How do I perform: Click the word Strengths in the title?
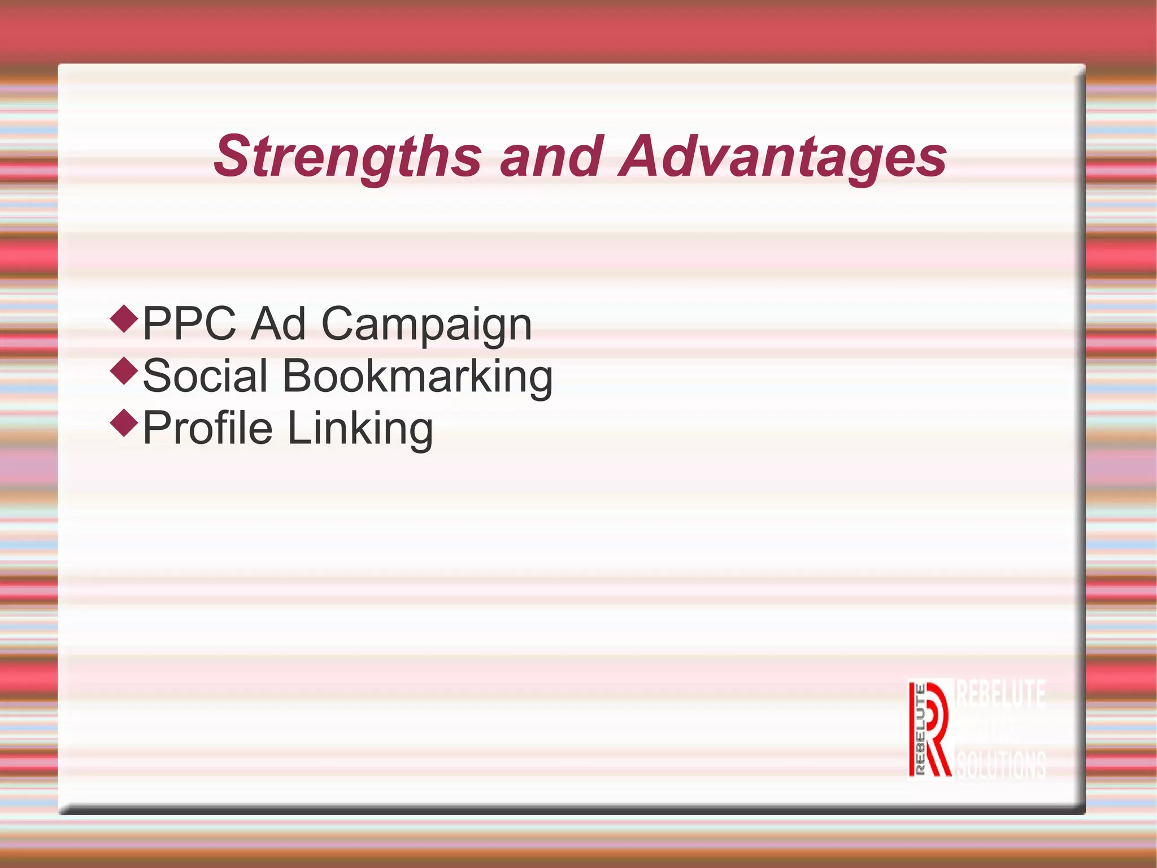(x=347, y=157)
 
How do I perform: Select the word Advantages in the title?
(x=782, y=157)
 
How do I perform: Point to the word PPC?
(x=189, y=323)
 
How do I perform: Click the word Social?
(x=205, y=375)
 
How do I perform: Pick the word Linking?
(x=360, y=429)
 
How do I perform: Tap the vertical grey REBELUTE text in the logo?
(x=919, y=729)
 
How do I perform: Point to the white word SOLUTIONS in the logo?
(x=1001, y=765)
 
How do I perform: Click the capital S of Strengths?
(x=233, y=157)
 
